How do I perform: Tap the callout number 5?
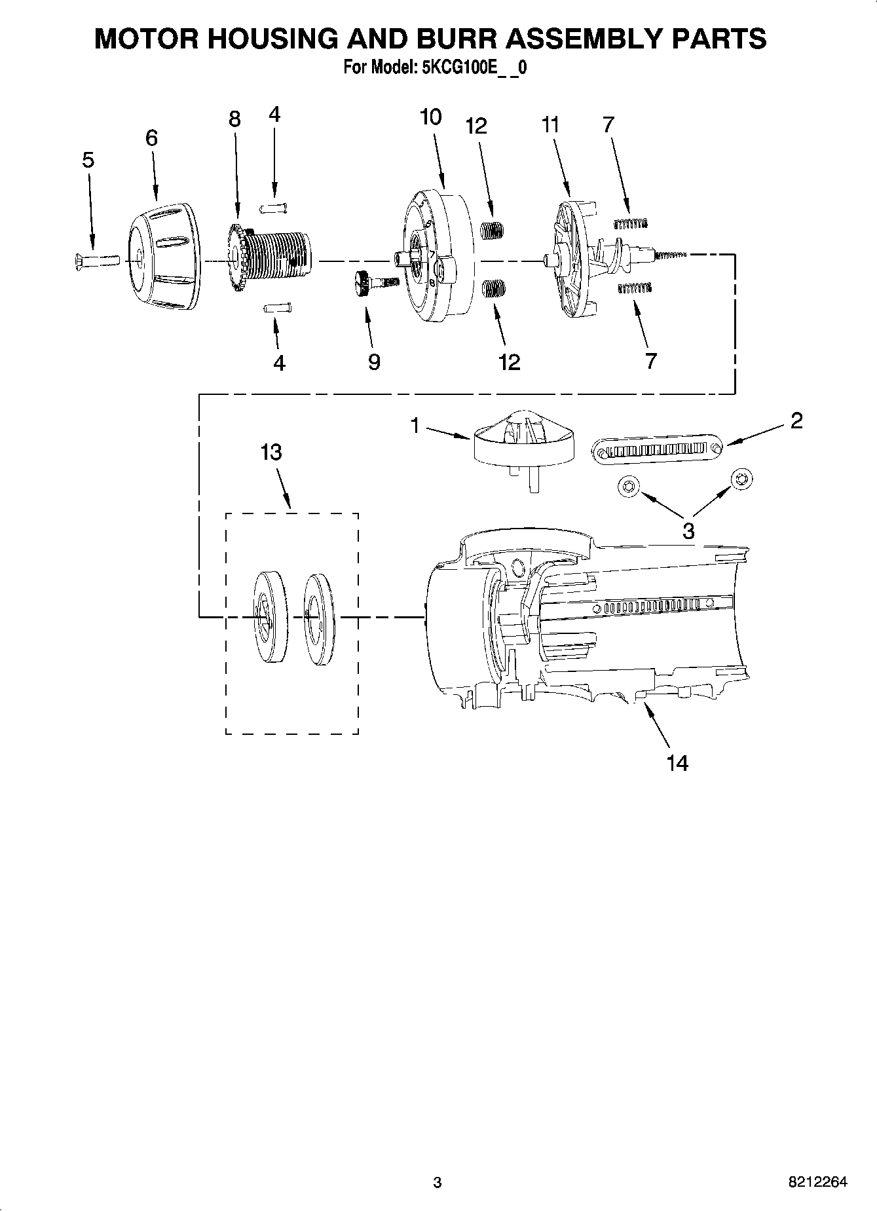pos(88,160)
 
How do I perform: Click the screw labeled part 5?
pos(94,261)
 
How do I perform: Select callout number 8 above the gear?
pos(234,119)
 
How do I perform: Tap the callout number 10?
pos(430,117)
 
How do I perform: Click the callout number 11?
pos(551,124)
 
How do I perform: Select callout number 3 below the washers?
pos(688,531)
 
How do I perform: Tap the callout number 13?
pos(271,452)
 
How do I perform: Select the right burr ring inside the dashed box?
pos(318,619)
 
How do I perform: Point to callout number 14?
pos(677,763)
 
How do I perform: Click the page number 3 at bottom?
pos(437,1182)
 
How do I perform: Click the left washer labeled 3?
pos(628,486)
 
